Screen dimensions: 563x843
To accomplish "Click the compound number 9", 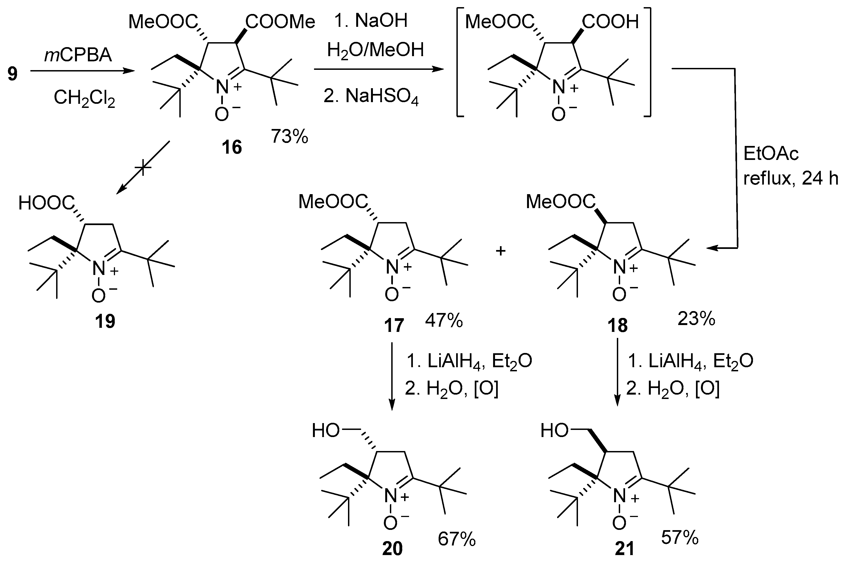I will (x=12, y=74).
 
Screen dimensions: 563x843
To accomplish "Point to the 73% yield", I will (x=289, y=136).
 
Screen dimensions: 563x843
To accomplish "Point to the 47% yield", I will (x=444, y=321).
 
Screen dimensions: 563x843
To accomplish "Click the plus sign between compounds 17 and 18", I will (x=500, y=251).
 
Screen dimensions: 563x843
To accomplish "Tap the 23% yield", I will (x=696, y=318).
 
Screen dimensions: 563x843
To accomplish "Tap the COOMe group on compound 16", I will (x=280, y=22).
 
